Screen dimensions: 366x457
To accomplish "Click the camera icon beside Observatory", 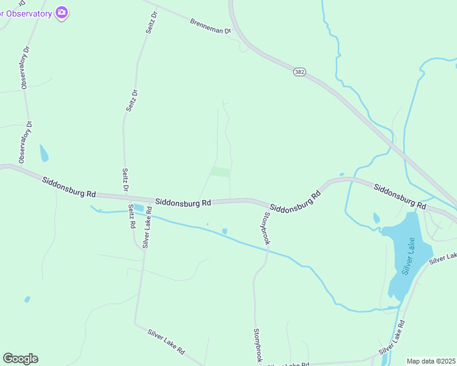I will click(61, 12).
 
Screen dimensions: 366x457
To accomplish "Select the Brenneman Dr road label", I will click(211, 26).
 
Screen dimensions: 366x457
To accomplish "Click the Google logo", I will click(20, 359).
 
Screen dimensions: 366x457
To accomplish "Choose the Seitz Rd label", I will click(131, 216).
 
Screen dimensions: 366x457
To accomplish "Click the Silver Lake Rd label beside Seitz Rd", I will click(147, 232).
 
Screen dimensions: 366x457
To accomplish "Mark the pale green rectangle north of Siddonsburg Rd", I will click(220, 172).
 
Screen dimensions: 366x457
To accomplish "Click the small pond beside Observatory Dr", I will click(43, 153).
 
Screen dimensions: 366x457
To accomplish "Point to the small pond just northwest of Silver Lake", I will click(376, 217).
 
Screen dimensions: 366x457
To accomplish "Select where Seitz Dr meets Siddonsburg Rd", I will click(126, 196).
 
